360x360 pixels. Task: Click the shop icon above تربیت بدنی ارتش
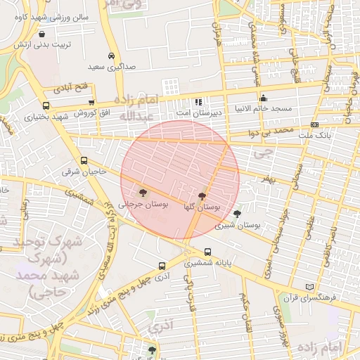point(43,33)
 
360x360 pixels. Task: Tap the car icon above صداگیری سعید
point(111,56)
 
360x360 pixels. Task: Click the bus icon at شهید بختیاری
point(46,106)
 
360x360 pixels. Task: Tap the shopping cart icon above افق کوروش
point(91,103)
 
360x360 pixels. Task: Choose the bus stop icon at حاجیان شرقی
point(84,160)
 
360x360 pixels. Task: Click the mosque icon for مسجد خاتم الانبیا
point(264,98)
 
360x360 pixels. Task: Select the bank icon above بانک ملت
point(314,124)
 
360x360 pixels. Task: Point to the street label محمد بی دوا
point(273,131)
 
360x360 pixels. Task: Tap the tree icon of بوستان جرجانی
point(143,191)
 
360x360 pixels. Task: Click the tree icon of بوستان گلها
point(202,196)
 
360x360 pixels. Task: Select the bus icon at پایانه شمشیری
point(207,252)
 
